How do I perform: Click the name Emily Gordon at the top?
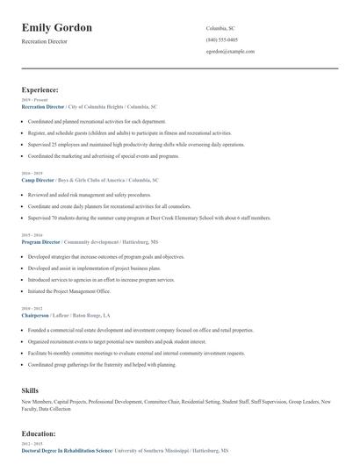coord(57,28)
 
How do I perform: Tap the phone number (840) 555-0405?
coord(221,39)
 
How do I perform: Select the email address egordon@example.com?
coord(230,52)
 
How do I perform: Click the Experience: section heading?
coord(40,89)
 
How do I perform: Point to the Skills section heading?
coord(31,388)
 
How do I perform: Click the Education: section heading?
coord(39,433)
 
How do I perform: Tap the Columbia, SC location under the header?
coord(220,28)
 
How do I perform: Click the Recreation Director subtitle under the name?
coord(44,41)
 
